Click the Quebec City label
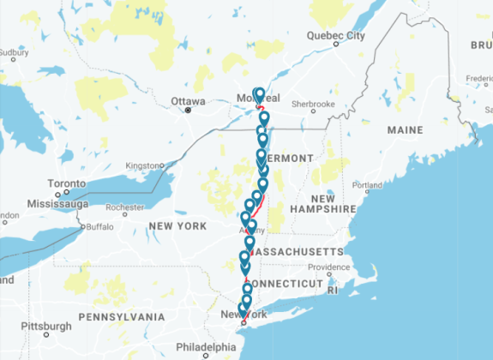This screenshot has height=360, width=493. [x=336, y=35]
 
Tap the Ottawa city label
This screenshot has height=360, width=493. [x=188, y=100]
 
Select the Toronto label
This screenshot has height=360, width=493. [x=65, y=184]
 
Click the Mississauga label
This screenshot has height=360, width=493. [x=57, y=204]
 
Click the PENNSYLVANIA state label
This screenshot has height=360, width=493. [x=121, y=317]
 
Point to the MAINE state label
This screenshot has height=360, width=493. [x=405, y=130]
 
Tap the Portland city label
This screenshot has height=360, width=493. [x=366, y=184]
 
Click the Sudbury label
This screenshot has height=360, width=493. [x=9, y=52]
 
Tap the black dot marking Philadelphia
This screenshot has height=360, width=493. [x=205, y=354]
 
